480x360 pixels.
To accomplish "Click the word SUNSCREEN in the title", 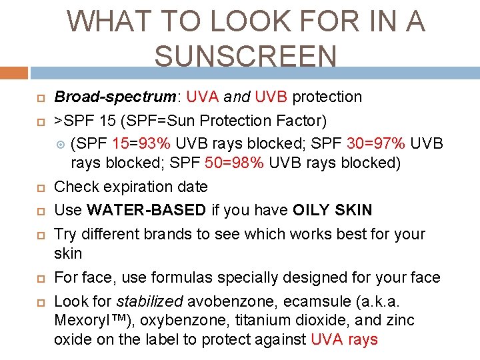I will (x=245, y=55).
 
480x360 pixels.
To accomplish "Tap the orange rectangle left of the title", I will (x=14, y=72).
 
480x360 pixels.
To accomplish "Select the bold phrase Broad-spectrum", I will (x=115, y=97).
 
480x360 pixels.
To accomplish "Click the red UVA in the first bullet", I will (x=202, y=97).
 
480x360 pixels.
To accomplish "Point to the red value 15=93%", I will (x=141, y=144).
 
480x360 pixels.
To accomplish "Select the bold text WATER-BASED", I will (x=147, y=211).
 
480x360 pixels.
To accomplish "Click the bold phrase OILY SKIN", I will (x=332, y=211).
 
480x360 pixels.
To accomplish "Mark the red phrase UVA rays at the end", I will (x=344, y=340).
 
